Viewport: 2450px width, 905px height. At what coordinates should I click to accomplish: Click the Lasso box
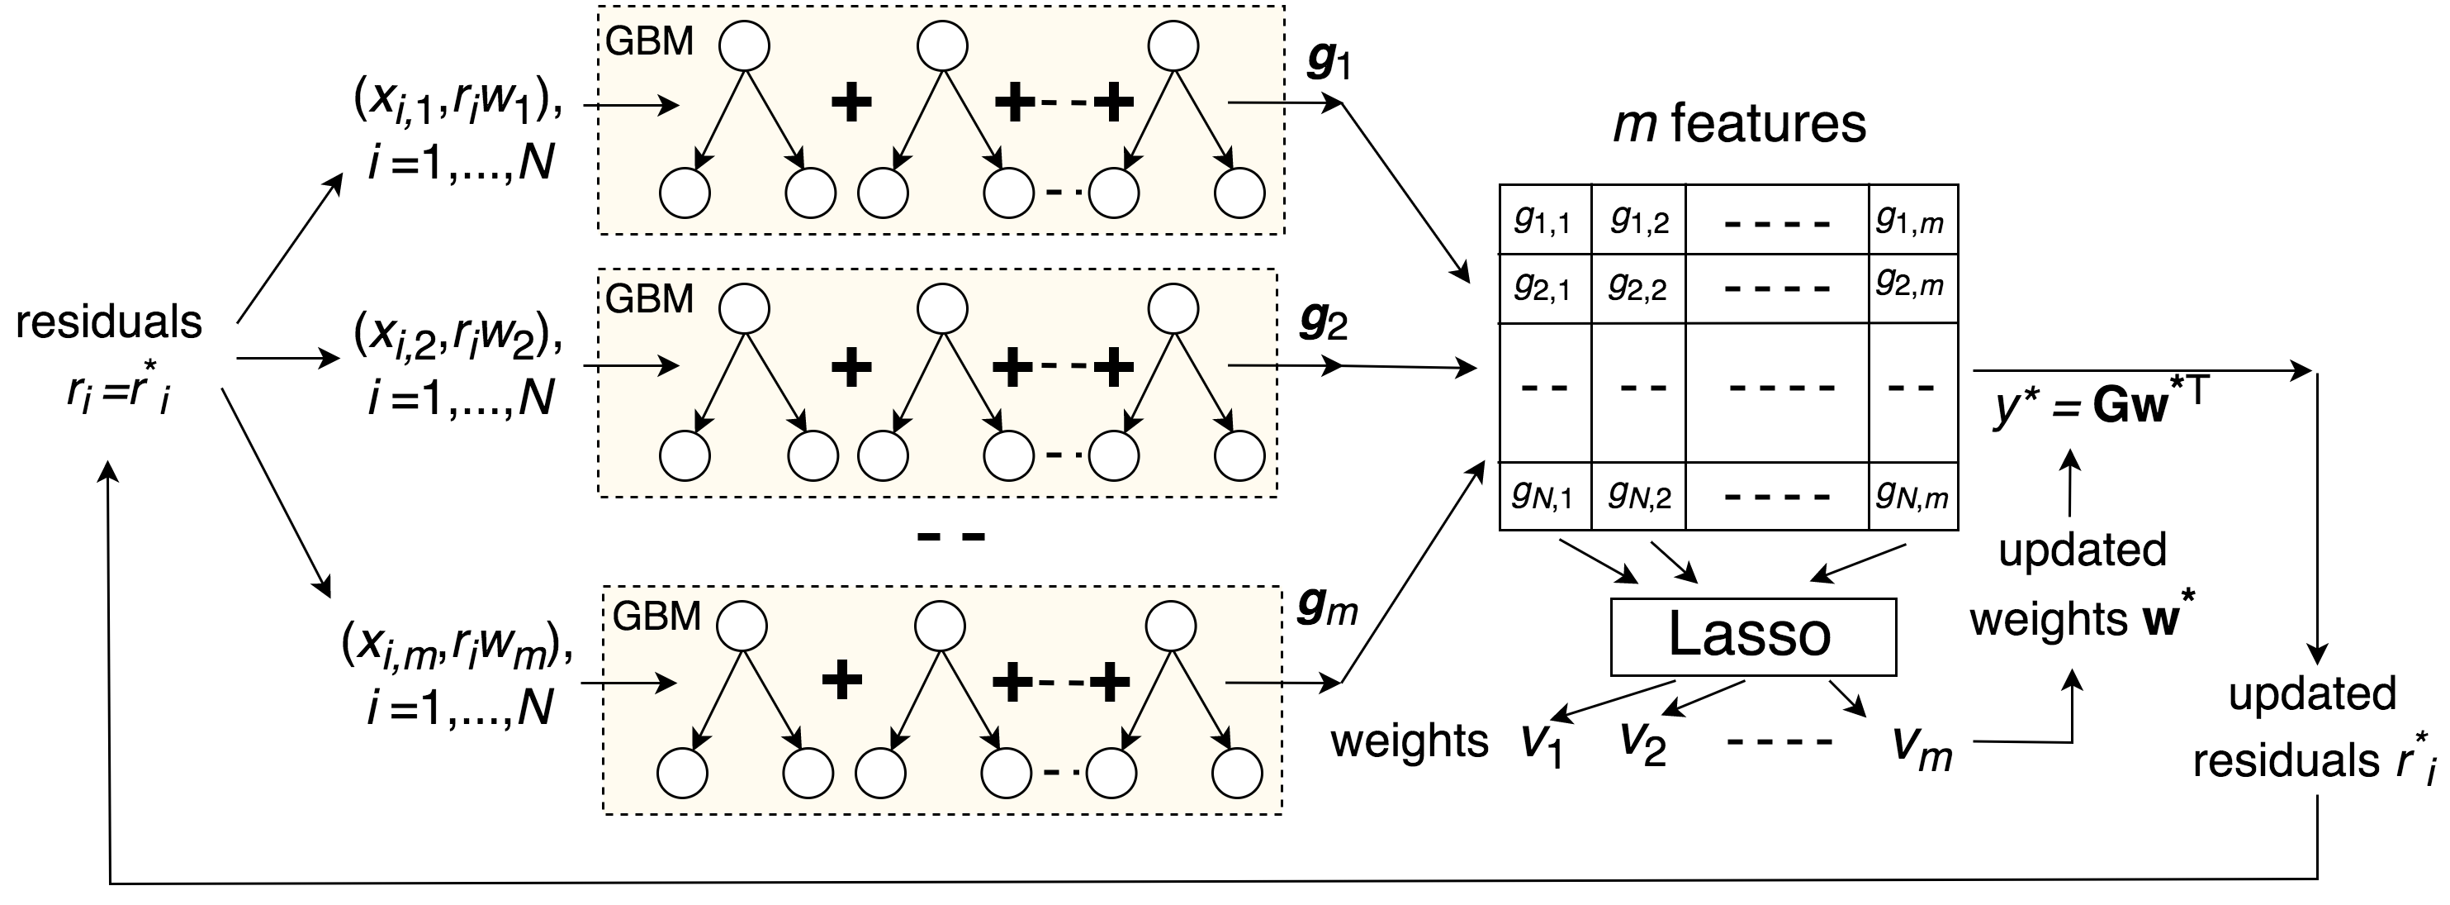point(1752,636)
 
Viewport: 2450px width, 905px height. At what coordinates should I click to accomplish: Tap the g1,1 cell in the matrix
point(1543,220)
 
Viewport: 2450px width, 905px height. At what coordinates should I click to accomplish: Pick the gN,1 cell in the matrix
point(1543,495)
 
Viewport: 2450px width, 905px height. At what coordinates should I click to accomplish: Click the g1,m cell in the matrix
point(1911,220)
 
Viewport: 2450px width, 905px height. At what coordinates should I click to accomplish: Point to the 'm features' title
point(1740,125)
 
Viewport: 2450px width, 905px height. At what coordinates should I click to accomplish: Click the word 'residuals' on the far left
point(108,322)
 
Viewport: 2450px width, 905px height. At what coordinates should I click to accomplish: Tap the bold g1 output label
point(1329,63)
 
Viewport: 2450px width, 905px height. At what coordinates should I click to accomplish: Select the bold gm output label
point(1328,609)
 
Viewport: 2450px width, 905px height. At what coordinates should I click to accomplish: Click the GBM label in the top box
point(650,42)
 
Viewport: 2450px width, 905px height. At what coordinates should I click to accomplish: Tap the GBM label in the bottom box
point(656,617)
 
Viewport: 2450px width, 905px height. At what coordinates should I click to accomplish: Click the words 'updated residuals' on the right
point(2313,728)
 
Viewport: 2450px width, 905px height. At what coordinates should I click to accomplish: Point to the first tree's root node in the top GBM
point(745,45)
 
